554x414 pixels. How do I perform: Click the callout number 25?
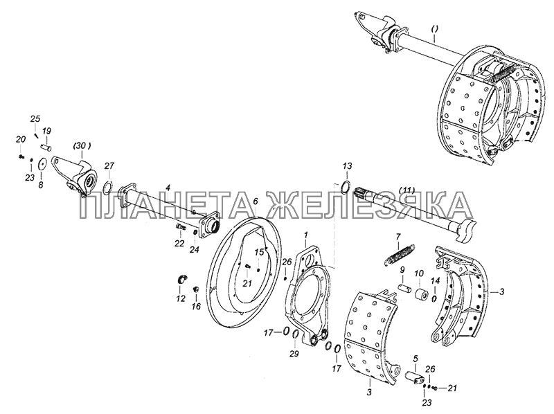pyautogui.click(x=35, y=118)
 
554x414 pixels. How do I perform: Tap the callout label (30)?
pyautogui.click(x=82, y=145)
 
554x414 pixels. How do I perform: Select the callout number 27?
pyautogui.click(x=109, y=166)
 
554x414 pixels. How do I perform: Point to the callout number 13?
pyautogui.click(x=347, y=165)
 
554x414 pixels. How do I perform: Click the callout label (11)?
pyautogui.click(x=406, y=190)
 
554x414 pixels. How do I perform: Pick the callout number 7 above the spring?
pyautogui.click(x=398, y=236)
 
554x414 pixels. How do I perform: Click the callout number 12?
pyautogui.click(x=181, y=299)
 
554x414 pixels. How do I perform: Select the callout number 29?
pyautogui.click(x=295, y=354)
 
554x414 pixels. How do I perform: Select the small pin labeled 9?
pyautogui.click(x=404, y=288)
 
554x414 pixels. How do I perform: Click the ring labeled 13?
pyautogui.click(x=346, y=186)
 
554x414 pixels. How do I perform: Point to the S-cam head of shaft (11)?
pyautogui.click(x=466, y=230)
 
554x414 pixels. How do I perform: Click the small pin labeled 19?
pyautogui.click(x=46, y=145)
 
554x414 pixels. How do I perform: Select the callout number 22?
pyautogui.click(x=179, y=243)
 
